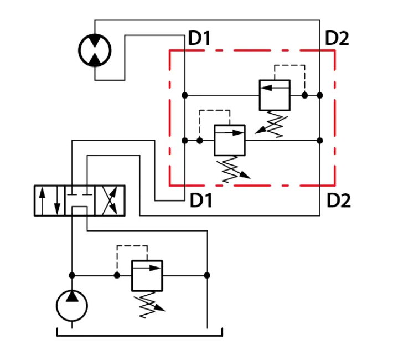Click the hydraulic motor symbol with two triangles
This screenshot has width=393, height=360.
coord(95,50)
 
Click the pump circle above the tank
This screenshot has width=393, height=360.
coord(72,306)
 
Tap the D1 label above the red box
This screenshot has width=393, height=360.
coord(199,38)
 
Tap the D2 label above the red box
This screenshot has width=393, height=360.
coord(337,38)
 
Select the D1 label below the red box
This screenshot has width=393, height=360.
coord(201,200)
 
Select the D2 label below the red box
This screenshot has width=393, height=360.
coord(339,200)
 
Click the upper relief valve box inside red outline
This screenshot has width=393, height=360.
coord(275,95)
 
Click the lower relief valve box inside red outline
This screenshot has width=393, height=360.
coord(230,140)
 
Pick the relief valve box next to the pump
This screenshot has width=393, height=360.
coord(147,276)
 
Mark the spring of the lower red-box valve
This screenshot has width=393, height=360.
coord(232,169)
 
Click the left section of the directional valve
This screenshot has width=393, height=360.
coord(50,200)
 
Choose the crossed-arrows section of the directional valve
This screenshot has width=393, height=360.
coord(110,200)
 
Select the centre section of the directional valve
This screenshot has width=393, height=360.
coord(80,200)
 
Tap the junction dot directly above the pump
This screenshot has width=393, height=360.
coord(72,275)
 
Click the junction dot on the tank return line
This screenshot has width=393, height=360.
coord(207,275)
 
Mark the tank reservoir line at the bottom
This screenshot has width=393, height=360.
coord(140,336)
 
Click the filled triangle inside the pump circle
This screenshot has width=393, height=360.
coord(72,296)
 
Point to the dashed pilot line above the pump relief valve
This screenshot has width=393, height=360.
coord(132,246)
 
